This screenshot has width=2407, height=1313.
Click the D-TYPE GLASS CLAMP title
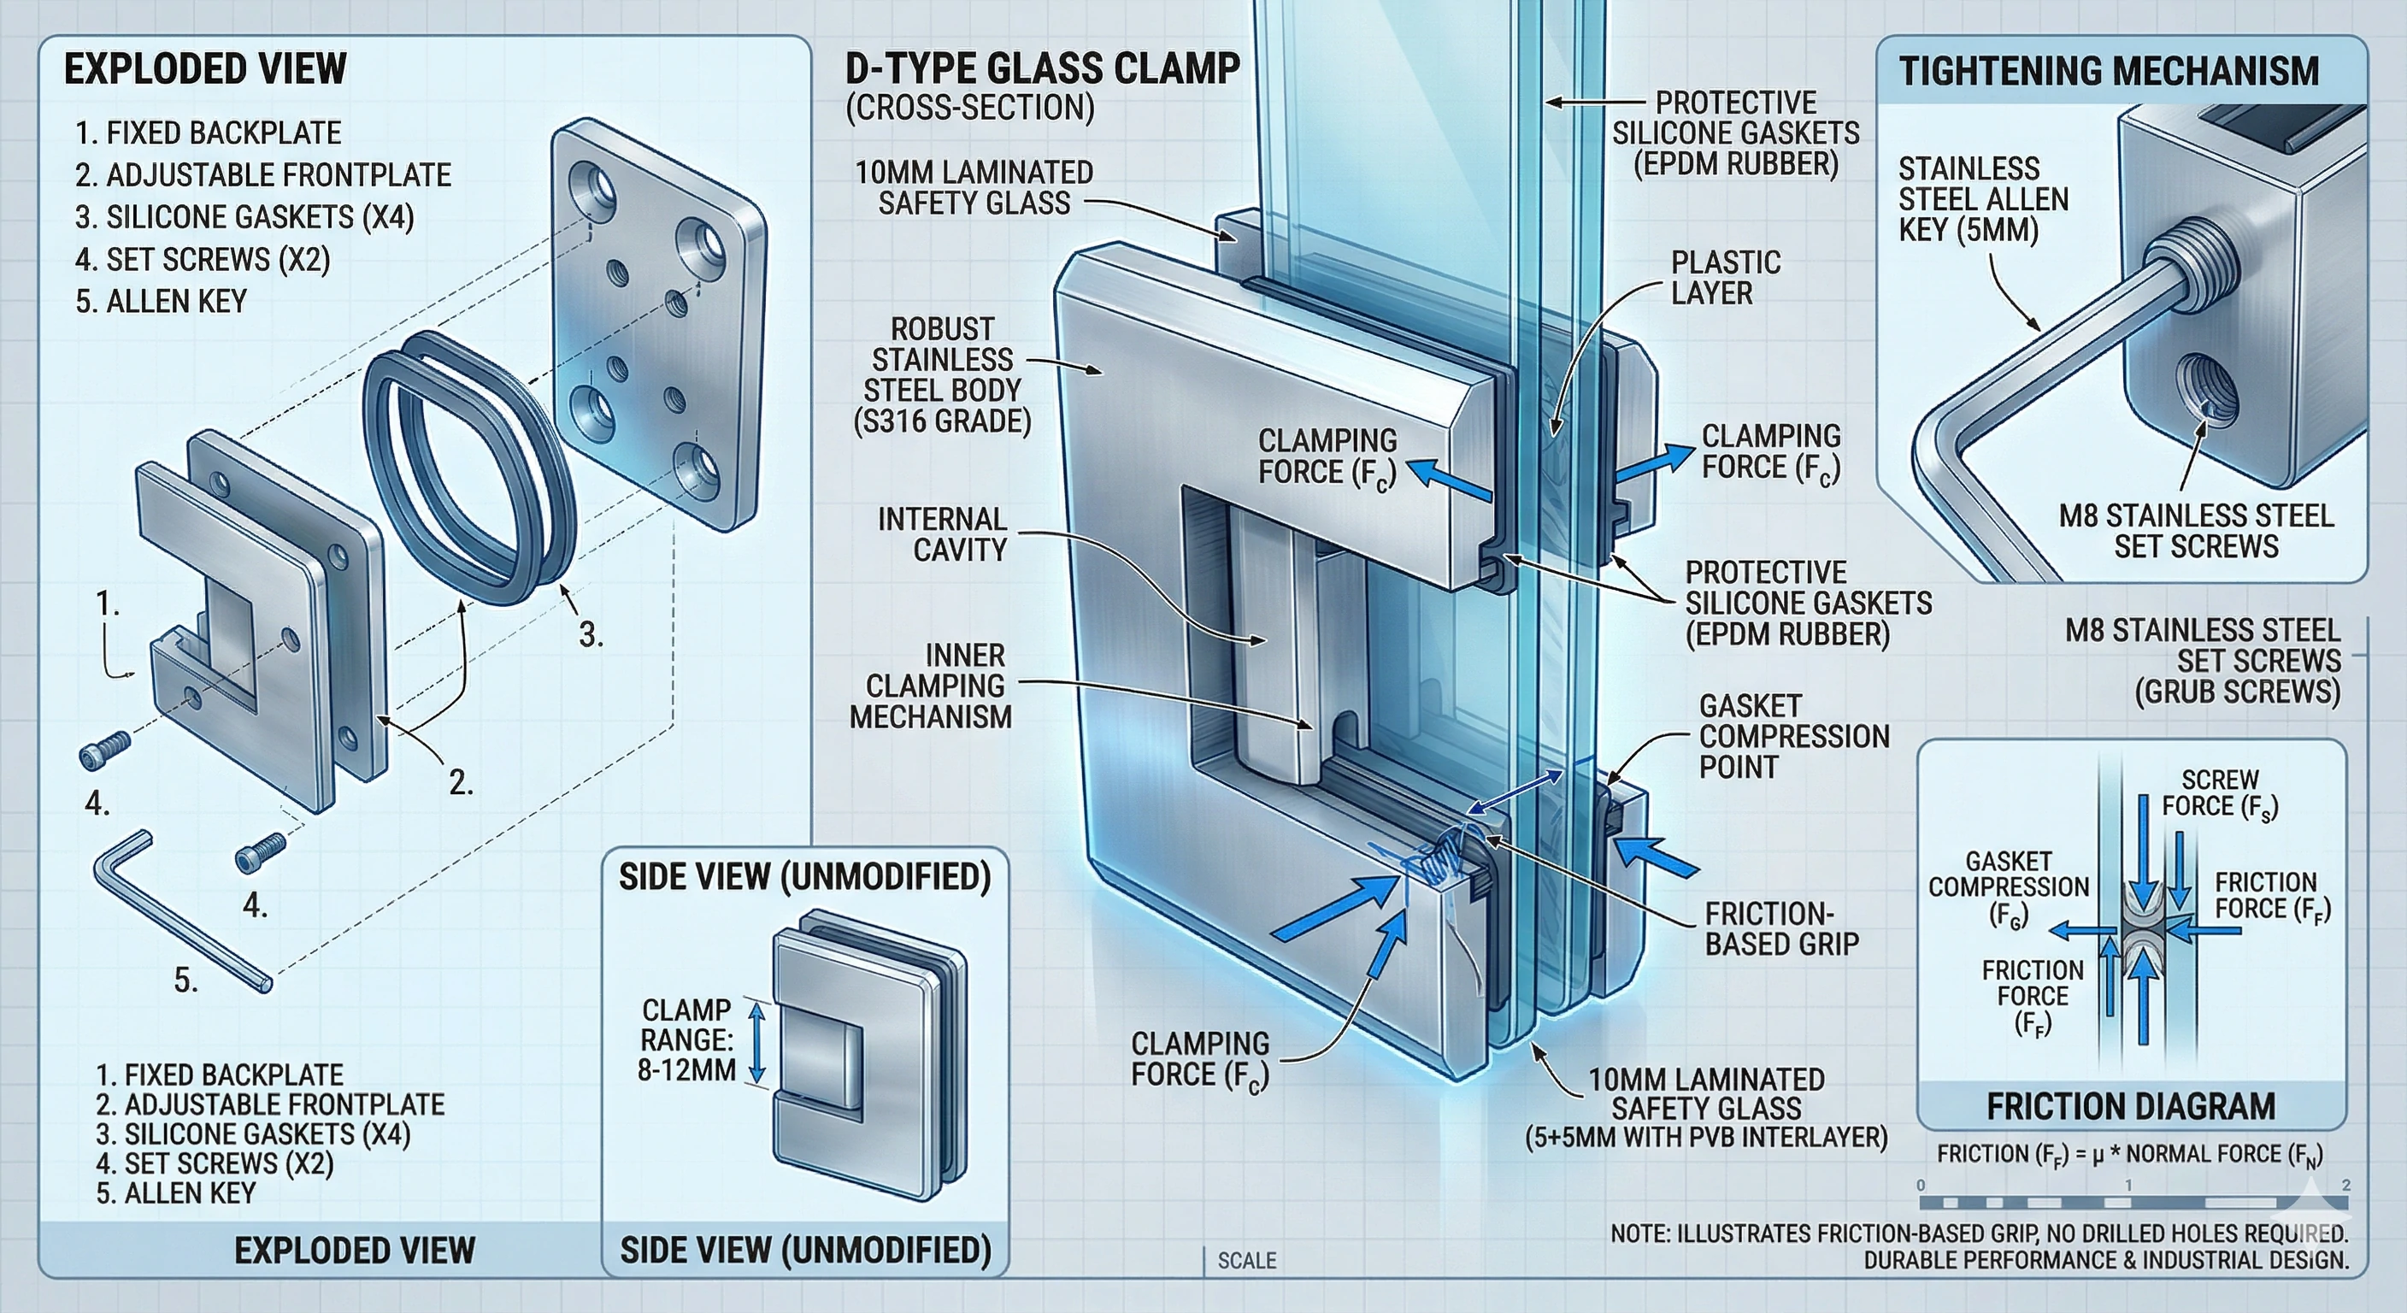pyautogui.click(x=1042, y=69)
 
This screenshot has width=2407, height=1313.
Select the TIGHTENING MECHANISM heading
pyautogui.click(x=2109, y=71)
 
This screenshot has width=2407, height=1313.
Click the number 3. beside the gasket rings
pyautogui.click(x=591, y=635)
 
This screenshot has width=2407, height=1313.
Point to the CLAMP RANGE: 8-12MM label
pyautogui.click(x=686, y=1040)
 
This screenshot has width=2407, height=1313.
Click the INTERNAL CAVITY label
pyautogui.click(x=942, y=534)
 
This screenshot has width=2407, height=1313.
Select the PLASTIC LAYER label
pyautogui.click(x=1725, y=278)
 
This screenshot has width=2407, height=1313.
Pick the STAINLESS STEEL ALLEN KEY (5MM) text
pyautogui.click(x=1982, y=199)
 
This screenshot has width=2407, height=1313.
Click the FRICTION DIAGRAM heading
pyautogui.click(x=2130, y=1106)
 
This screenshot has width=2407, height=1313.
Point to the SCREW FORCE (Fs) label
pyautogui.click(x=2219, y=792)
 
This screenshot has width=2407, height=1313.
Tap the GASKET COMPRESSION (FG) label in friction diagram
pyautogui.click(x=2008, y=888)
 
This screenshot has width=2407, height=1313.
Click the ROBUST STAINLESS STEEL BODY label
pyautogui.click(x=942, y=374)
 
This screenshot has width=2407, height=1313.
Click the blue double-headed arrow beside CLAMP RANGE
pyautogui.click(x=756, y=1044)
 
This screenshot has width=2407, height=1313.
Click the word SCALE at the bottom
pyautogui.click(x=1245, y=1261)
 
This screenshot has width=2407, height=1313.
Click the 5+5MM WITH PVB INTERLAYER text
pyautogui.click(x=1705, y=1137)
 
